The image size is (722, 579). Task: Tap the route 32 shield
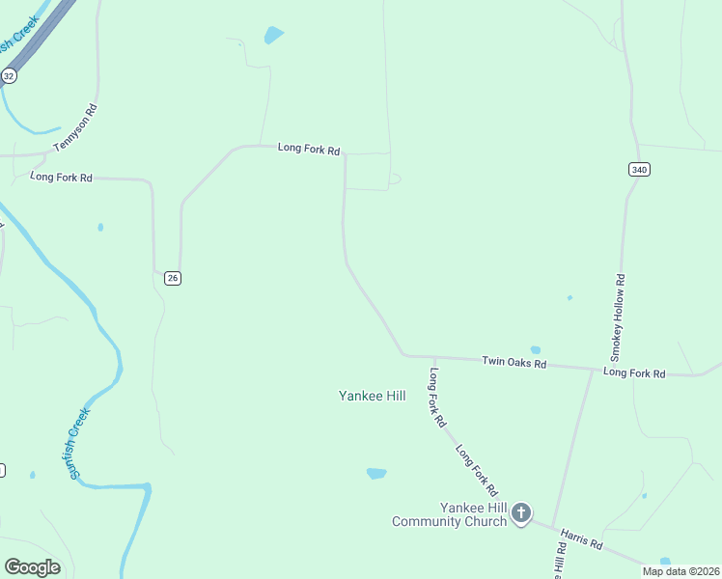pyautogui.click(x=9, y=75)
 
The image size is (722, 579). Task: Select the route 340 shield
pyautogui.click(x=639, y=170)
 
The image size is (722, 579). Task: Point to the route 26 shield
pyautogui.click(x=172, y=278)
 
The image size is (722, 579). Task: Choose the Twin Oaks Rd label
pyautogui.click(x=514, y=363)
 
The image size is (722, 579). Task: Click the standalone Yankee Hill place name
pyautogui.click(x=372, y=396)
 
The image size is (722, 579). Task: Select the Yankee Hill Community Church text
pyautogui.click(x=449, y=514)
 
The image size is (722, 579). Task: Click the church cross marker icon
pyautogui.click(x=521, y=512)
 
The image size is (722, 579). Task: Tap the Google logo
pyautogui.click(x=32, y=566)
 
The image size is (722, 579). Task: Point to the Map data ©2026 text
pyautogui.click(x=681, y=571)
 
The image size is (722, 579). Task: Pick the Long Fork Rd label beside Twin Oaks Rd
pyautogui.click(x=634, y=372)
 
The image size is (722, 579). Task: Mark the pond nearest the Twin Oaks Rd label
pyautogui.click(x=535, y=349)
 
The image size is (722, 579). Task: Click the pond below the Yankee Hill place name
pyautogui.click(x=376, y=473)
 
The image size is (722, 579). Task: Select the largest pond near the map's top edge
pyautogui.click(x=274, y=36)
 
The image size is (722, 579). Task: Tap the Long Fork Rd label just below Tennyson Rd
pyautogui.click(x=61, y=177)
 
